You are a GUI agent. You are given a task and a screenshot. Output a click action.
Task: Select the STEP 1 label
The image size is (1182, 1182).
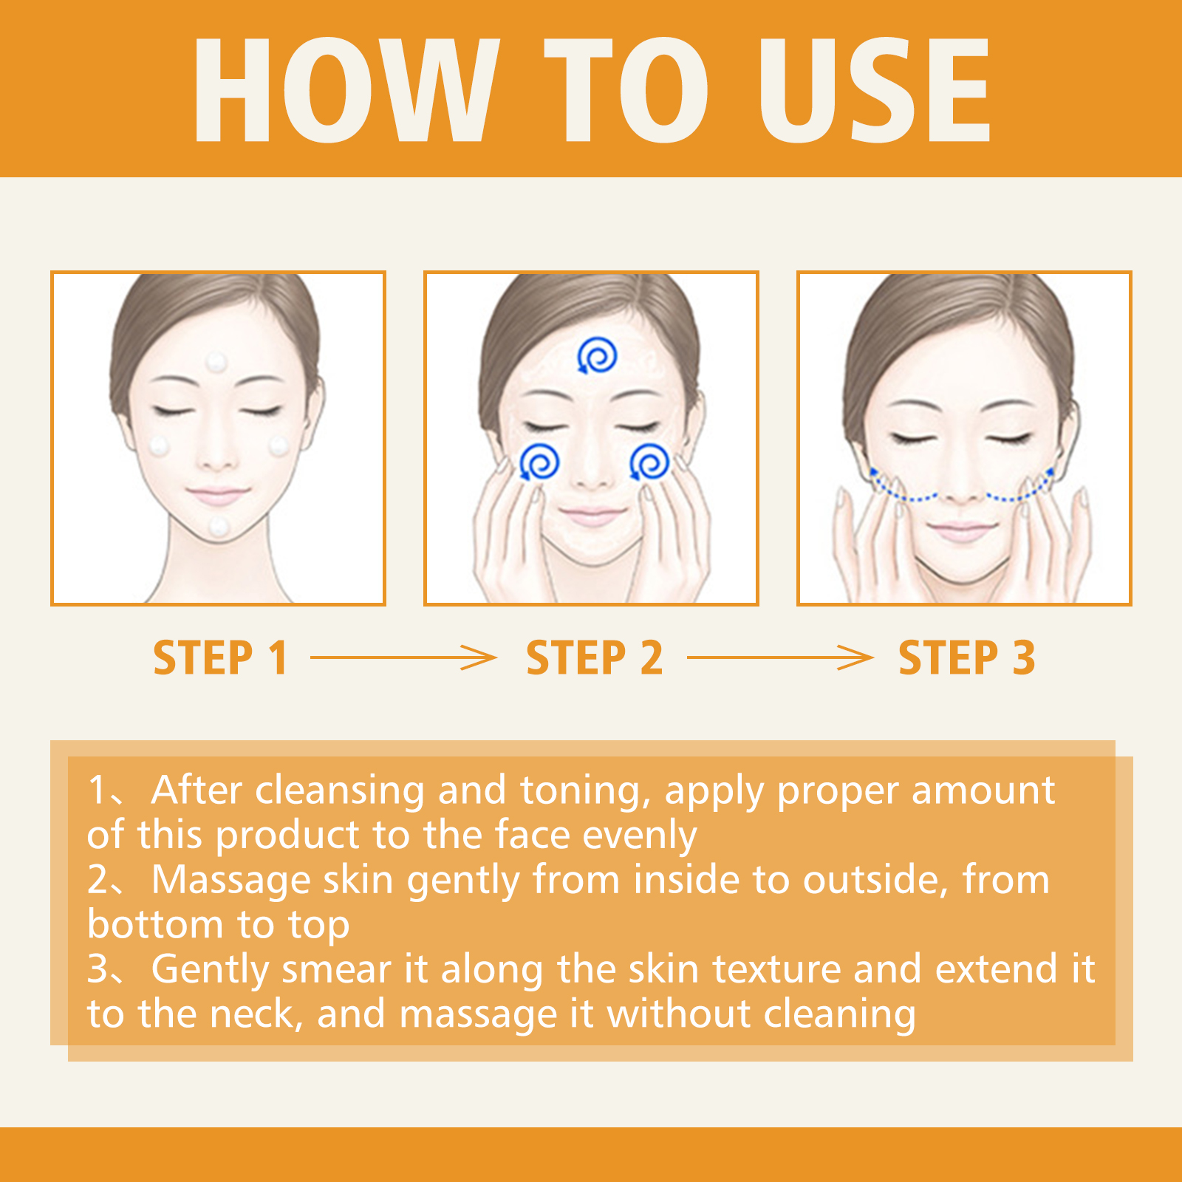coord(220,657)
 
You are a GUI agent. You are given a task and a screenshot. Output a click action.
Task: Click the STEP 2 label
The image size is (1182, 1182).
coord(594,657)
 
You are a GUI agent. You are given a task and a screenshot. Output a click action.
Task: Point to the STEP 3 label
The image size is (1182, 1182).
coord(966,657)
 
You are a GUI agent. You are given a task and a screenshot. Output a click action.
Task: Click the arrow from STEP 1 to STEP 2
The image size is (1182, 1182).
coord(403,657)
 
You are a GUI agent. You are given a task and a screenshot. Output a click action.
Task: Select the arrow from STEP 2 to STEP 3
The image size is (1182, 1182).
coord(780,657)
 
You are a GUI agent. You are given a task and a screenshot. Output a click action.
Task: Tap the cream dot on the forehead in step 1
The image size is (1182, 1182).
coord(216,363)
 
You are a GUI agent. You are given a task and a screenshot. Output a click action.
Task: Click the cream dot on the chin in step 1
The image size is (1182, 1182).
coord(219,527)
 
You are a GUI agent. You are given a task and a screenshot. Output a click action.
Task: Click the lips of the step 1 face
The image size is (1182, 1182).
coord(218,493)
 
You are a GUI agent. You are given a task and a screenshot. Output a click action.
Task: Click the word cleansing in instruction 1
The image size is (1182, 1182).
coord(341,791)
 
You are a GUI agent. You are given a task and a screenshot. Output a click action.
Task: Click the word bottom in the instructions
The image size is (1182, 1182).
coord(155,924)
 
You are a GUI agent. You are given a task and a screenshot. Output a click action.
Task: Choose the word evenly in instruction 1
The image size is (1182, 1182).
coord(640,836)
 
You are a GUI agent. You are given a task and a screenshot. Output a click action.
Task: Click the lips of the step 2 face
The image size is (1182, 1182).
coord(592,514)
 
